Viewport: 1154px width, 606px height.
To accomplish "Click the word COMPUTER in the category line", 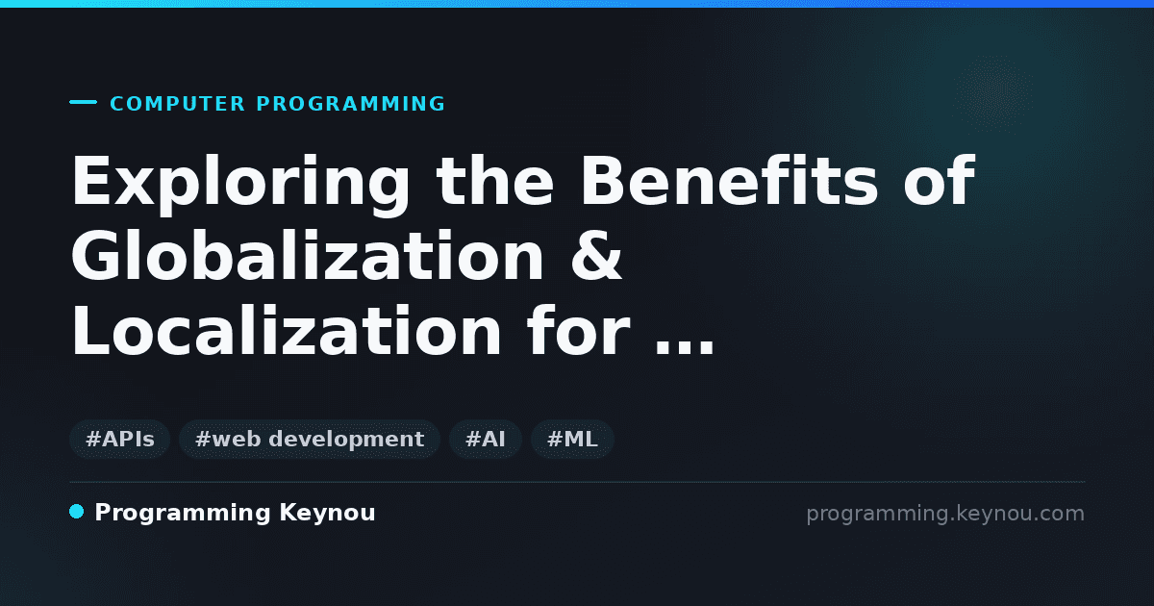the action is pyautogui.click(x=177, y=104).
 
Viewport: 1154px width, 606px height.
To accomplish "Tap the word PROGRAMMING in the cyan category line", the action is pyautogui.click(x=350, y=104).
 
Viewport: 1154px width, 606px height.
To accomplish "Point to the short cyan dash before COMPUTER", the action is pyautogui.click(x=83, y=102).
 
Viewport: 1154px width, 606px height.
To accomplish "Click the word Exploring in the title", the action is pyautogui.click(x=240, y=184).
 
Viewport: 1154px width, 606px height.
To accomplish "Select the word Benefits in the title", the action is pyautogui.click(x=729, y=181).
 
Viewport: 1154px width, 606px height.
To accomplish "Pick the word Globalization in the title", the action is pyautogui.click(x=307, y=256).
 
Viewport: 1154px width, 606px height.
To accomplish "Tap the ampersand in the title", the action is pyautogui.click(x=596, y=256).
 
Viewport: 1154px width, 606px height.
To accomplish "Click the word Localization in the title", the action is pyautogui.click(x=287, y=330).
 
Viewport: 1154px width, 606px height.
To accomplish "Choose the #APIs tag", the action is pyautogui.click(x=119, y=440).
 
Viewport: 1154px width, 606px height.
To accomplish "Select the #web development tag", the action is pyautogui.click(x=309, y=440).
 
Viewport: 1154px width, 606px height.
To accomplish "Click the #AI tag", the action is pyautogui.click(x=486, y=440).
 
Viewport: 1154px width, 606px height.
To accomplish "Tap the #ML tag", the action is pyautogui.click(x=572, y=440).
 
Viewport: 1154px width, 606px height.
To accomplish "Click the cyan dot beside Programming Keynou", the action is pyautogui.click(x=76, y=512).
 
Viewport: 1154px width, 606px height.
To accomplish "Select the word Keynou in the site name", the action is pyautogui.click(x=327, y=514).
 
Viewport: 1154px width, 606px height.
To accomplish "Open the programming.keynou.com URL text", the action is pyautogui.click(x=945, y=514).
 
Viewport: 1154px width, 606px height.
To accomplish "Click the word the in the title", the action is pyautogui.click(x=494, y=181).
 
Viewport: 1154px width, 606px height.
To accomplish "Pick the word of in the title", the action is pyautogui.click(x=940, y=181).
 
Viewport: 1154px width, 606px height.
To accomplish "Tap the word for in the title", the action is pyautogui.click(x=579, y=330).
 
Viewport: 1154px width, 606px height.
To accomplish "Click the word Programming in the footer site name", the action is pyautogui.click(x=183, y=514).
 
